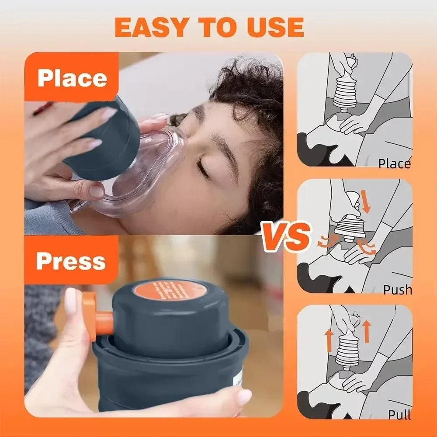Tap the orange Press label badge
[71, 261]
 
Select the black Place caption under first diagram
[394, 164]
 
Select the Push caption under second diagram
[397, 289]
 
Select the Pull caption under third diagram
[400, 414]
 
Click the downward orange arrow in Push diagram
[366, 204]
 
